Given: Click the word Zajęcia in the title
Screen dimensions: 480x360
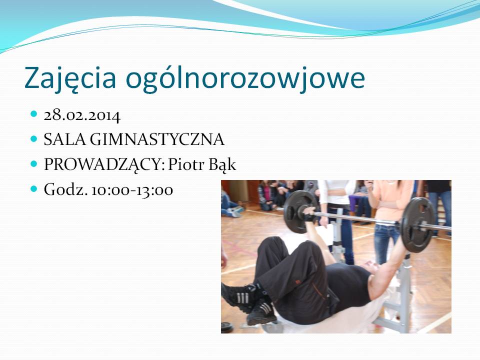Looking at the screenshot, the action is coord(70,78).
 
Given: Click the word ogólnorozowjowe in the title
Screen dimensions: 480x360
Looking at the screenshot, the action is coord(245,78).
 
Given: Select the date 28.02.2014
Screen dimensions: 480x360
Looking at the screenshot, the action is coord(82,115).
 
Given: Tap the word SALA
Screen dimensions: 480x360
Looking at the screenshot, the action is coord(65,139).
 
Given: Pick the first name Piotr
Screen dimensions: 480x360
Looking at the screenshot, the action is coord(186,164).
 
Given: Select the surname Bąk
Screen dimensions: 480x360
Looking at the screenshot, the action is coord(222,164).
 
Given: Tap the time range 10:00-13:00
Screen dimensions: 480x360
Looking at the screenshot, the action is coord(132,190).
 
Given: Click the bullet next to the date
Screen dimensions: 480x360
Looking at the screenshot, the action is coord(33,114).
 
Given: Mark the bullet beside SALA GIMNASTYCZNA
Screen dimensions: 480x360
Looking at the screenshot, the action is coord(33,138).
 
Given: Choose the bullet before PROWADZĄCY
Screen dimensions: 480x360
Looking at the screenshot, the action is coord(33,163).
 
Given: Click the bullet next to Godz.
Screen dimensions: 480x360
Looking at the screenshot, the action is coord(33,188).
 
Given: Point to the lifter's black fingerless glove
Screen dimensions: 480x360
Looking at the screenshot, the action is coord(308,216).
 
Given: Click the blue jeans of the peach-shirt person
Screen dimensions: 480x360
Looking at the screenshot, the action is coord(386,241).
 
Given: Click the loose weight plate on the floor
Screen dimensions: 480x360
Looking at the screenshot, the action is coord(227,327).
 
